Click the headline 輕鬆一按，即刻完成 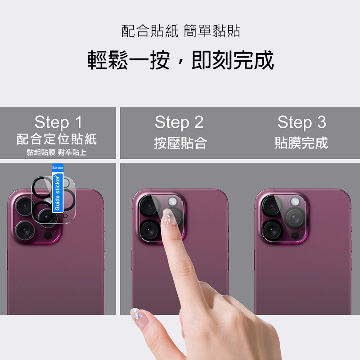180,60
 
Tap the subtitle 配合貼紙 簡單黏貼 181,31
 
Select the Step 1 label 58,122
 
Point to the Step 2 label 179,122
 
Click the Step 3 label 301,122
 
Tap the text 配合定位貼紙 57,139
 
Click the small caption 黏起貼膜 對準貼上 57,152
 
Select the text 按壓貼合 180,143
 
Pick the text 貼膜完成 301,143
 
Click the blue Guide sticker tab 58,188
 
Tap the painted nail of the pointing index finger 169,217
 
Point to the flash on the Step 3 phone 295,202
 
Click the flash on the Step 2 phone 172,202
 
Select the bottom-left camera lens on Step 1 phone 25,230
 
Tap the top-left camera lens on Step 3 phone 272,206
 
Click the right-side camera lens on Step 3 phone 295,218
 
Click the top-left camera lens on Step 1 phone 25,206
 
